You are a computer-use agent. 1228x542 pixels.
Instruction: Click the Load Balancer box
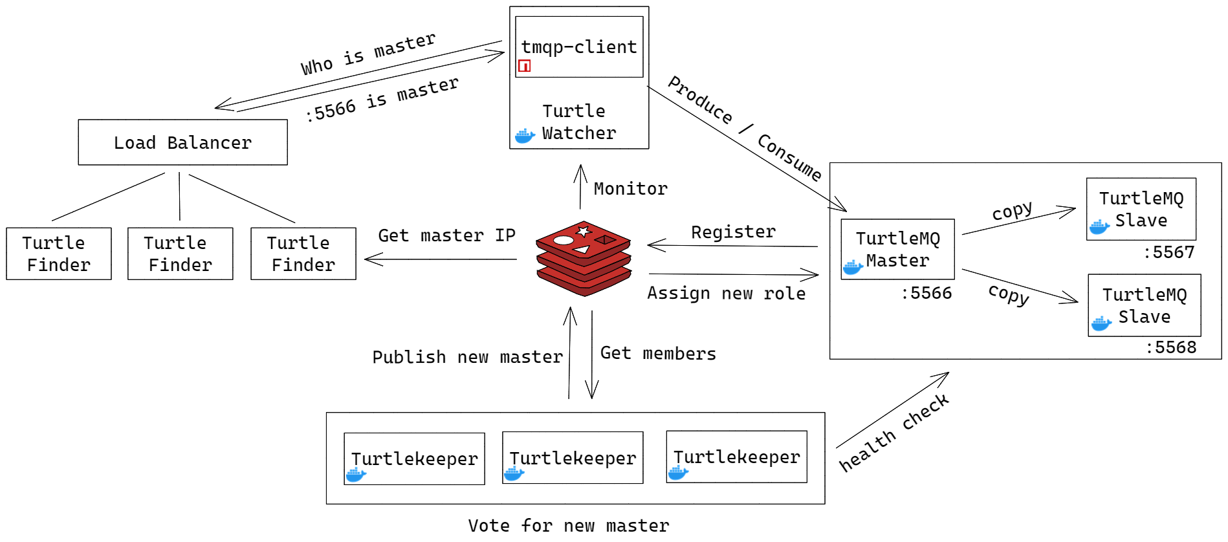[x=182, y=142]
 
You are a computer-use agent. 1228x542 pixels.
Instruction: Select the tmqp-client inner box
[x=578, y=47]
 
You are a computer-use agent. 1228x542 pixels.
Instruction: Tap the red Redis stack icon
[x=584, y=258]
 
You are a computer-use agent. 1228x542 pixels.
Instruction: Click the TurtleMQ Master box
[x=897, y=250]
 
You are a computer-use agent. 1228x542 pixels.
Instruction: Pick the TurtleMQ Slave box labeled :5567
[x=1141, y=209]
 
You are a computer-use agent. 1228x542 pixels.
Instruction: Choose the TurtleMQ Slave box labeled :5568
[x=1144, y=305]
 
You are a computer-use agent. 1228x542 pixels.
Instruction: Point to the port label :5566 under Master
[x=926, y=293]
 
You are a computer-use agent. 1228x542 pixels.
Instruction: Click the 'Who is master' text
[x=367, y=54]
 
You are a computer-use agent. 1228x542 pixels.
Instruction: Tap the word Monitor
[x=630, y=189]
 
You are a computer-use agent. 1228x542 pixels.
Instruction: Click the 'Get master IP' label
[x=446, y=235]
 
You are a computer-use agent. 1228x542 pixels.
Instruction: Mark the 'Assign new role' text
[x=726, y=294]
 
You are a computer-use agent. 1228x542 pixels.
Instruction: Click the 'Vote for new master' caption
[x=568, y=525]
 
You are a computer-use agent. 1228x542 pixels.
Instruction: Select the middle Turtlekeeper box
[x=573, y=458]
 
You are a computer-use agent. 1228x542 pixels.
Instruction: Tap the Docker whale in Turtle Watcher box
[x=525, y=136]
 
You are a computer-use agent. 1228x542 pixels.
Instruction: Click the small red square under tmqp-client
[x=524, y=65]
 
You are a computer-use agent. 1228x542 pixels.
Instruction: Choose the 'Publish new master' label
[x=467, y=357]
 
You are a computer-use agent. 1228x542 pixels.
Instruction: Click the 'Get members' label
[x=657, y=353]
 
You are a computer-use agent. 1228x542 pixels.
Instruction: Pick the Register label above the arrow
[x=733, y=232]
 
